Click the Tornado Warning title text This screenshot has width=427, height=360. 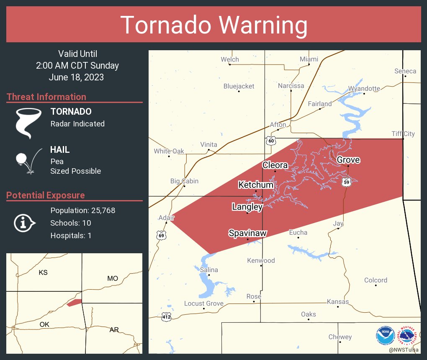[214, 25]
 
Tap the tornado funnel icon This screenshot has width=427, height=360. [28, 123]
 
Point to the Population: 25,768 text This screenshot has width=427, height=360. [82, 210]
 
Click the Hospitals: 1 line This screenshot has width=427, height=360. [71, 235]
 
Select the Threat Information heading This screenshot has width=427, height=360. [46, 97]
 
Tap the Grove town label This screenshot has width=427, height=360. [348, 159]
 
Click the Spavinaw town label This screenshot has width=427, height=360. [247, 233]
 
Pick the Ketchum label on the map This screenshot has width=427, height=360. [256, 185]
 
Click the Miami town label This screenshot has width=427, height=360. [309, 59]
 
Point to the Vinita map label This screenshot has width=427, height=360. [208, 144]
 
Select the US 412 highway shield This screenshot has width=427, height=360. [166, 317]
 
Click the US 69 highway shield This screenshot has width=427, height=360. [162, 235]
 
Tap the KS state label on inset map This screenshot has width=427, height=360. [43, 273]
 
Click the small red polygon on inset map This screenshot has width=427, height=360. [74, 302]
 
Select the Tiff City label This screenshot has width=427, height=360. [403, 134]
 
